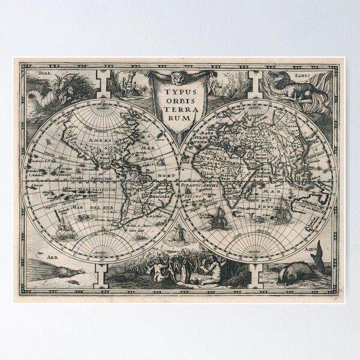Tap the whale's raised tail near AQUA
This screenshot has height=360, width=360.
[320, 251]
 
